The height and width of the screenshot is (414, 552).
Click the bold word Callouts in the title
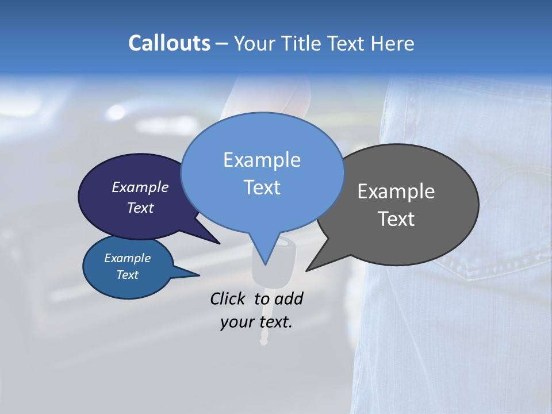[x=169, y=43]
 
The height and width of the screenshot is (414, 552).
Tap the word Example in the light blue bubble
[x=262, y=160]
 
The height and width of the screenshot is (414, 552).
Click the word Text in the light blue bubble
[x=262, y=187]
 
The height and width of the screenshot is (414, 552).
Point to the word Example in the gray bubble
[x=396, y=191]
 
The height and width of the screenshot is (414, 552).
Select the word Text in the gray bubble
[x=396, y=219]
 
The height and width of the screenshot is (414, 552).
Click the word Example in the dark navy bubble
[x=140, y=187]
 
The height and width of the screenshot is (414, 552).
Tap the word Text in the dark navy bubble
[x=140, y=208]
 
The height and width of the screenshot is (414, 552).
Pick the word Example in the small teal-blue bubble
[x=127, y=258]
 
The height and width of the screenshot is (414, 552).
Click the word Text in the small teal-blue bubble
[x=127, y=275]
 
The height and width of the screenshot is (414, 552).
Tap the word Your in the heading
[x=253, y=43]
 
